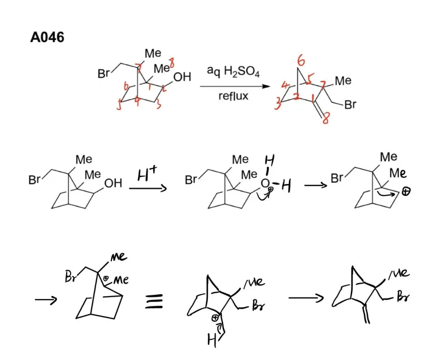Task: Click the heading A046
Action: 47,38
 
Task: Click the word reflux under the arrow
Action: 233,97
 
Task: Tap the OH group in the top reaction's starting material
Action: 182,77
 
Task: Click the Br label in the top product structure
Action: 350,105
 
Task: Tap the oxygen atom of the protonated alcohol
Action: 265,183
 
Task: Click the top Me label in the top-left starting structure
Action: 153,53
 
